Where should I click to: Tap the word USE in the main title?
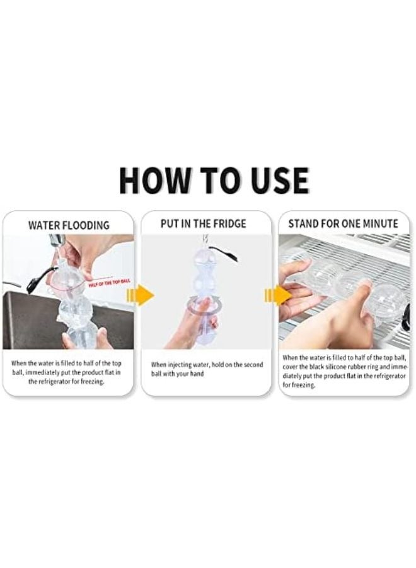(275, 181)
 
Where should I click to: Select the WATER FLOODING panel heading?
(69, 225)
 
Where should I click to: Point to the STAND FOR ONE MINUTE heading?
(344, 224)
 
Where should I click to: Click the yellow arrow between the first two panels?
(142, 295)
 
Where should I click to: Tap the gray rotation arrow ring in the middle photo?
(203, 307)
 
